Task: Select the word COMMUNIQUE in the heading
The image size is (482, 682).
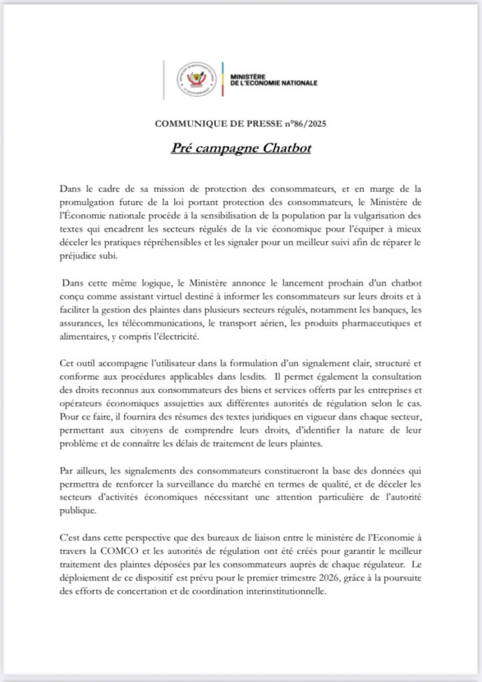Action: pyautogui.click(x=187, y=123)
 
